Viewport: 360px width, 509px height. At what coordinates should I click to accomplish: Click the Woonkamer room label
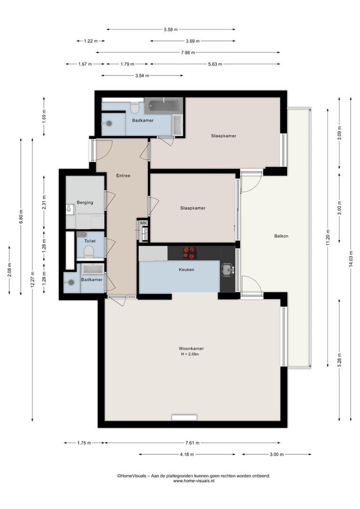pos(191,349)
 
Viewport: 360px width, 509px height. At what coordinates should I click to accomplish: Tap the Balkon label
pos(281,236)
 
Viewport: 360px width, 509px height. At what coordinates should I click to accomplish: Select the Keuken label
pos(187,270)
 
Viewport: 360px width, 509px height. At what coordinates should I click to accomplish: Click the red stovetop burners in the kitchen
pos(189,253)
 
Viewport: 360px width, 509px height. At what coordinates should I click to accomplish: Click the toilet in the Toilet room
pos(89,252)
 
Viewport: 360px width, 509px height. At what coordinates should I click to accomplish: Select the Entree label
pos(123,176)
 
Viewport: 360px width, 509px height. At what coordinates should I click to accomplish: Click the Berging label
pos(85,203)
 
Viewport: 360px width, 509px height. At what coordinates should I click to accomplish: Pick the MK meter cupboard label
pos(143,223)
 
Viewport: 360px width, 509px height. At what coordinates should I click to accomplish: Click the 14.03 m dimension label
pos(351,259)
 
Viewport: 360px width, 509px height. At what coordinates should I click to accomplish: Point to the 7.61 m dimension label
pos(193,443)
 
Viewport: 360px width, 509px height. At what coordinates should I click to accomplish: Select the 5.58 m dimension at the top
pos(171,30)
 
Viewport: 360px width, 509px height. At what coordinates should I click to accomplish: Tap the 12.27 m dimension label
pos(32,279)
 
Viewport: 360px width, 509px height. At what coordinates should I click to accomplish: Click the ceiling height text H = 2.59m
pos(190,354)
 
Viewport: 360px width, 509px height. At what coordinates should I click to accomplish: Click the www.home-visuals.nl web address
pos(194,481)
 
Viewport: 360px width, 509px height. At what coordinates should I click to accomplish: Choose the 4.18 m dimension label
pos(187,454)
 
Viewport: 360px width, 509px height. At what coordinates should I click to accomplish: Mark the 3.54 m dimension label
pos(142,75)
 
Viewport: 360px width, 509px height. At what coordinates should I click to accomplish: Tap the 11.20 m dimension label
pos(328,237)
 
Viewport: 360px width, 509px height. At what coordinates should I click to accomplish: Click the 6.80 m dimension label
pos(21,215)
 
